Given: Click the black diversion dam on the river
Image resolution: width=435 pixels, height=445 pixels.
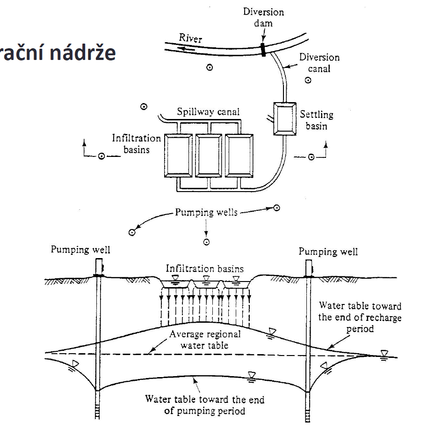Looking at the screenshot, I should [x=264, y=49].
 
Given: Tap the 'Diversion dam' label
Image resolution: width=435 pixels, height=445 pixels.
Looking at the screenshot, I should [x=263, y=17].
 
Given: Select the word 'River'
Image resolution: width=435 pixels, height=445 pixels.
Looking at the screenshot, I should [x=190, y=37].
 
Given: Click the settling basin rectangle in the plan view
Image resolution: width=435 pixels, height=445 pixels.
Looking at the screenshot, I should [x=284, y=118].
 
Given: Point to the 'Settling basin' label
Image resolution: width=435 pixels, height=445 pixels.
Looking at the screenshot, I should [x=317, y=120].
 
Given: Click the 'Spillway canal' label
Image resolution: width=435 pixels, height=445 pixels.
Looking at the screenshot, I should [x=208, y=111].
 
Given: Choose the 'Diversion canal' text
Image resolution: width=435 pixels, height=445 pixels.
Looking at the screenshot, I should [x=319, y=63].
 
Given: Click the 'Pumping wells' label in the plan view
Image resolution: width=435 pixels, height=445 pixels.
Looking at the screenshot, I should [x=206, y=212].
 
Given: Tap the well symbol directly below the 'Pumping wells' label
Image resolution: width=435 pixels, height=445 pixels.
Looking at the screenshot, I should [x=206, y=242].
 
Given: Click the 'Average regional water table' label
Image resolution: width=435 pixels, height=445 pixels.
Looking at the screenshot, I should [x=205, y=340].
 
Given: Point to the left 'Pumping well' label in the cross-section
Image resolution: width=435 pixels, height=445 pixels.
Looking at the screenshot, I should [x=80, y=250].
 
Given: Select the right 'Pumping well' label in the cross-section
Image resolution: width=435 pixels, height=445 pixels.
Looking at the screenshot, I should [x=328, y=252].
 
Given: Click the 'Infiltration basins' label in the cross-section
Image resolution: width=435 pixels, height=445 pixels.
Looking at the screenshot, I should [x=205, y=269].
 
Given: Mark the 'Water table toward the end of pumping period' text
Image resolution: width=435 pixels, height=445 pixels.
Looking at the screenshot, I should [x=204, y=405].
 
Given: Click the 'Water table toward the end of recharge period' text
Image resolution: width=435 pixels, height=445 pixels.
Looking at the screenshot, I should [x=360, y=317].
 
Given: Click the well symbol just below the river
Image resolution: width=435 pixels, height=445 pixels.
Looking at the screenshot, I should [x=210, y=67].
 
